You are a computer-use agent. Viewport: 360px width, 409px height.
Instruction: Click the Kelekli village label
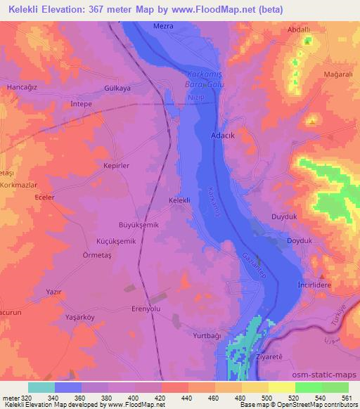[180, 200]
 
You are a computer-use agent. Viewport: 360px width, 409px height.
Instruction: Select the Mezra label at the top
[163, 26]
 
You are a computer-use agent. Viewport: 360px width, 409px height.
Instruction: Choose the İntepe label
[83, 103]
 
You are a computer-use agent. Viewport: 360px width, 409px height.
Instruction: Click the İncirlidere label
[316, 287]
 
